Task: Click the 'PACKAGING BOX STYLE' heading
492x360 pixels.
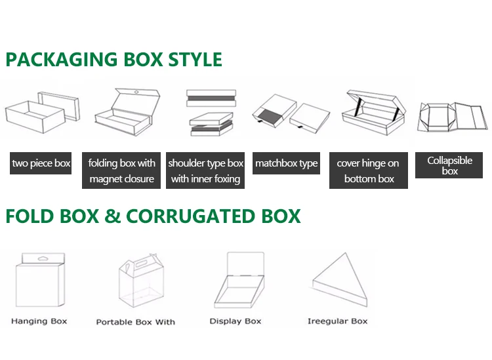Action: pos(113,60)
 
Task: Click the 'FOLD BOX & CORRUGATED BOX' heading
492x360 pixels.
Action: pos(153,216)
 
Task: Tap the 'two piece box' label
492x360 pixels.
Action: pos(41,163)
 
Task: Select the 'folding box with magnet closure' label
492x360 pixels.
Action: pos(121,170)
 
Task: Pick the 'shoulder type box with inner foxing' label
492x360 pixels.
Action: pos(205,170)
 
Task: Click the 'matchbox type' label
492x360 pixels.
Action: pos(286,163)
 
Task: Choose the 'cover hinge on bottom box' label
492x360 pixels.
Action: pos(368,170)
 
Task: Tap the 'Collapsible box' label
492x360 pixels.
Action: pos(450,165)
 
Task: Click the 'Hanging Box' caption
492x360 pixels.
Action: pos(39,321)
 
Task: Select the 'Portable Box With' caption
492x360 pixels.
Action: pos(136,322)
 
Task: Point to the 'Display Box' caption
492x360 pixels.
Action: pos(236,321)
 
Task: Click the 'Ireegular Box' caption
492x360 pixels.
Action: pos(338,321)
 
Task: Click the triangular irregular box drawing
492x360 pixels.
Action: pos(338,283)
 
